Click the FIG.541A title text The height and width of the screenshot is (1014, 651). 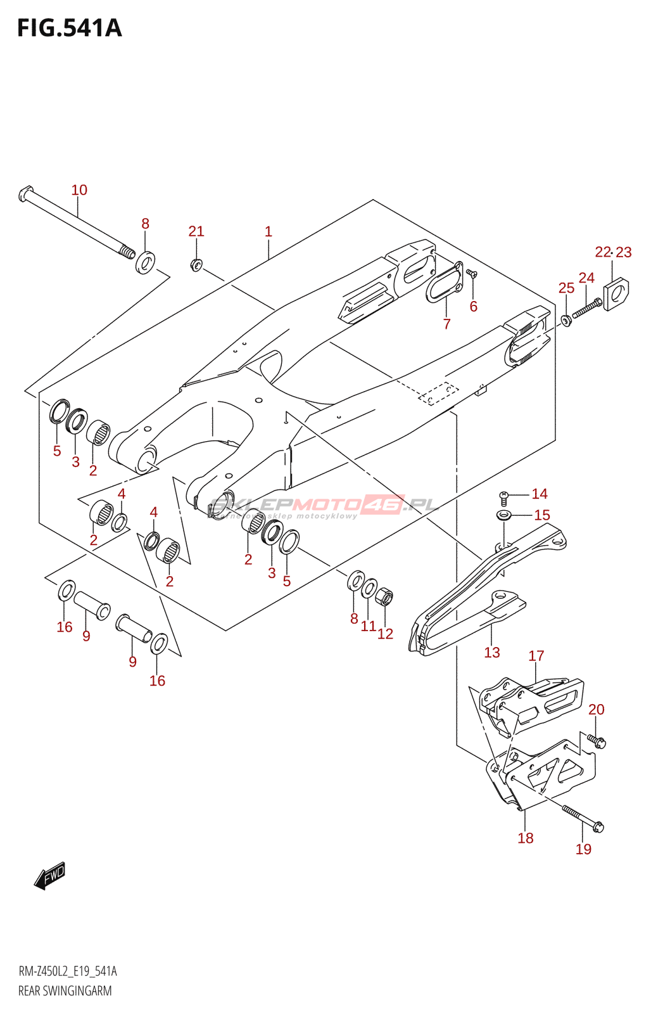[69, 29]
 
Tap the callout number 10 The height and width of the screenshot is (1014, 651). [79, 190]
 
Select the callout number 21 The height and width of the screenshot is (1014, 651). [196, 231]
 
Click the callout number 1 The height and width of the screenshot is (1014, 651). [269, 232]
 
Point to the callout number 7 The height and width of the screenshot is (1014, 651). [447, 324]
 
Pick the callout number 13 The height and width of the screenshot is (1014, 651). [492, 653]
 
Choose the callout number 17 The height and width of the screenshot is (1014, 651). [536, 656]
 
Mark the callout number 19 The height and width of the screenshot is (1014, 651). [583, 849]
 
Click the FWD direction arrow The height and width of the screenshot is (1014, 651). [51, 876]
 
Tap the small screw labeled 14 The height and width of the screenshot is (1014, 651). [505, 495]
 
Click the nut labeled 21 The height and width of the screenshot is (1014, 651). [196, 264]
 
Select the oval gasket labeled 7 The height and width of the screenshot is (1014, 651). [443, 282]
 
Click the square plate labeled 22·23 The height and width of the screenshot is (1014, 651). [616, 293]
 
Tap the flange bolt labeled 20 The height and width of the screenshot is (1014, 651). [596, 740]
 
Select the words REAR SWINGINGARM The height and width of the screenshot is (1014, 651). [65, 991]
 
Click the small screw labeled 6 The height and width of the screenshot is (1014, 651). [472, 274]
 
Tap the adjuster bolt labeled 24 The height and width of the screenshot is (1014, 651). [587, 309]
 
